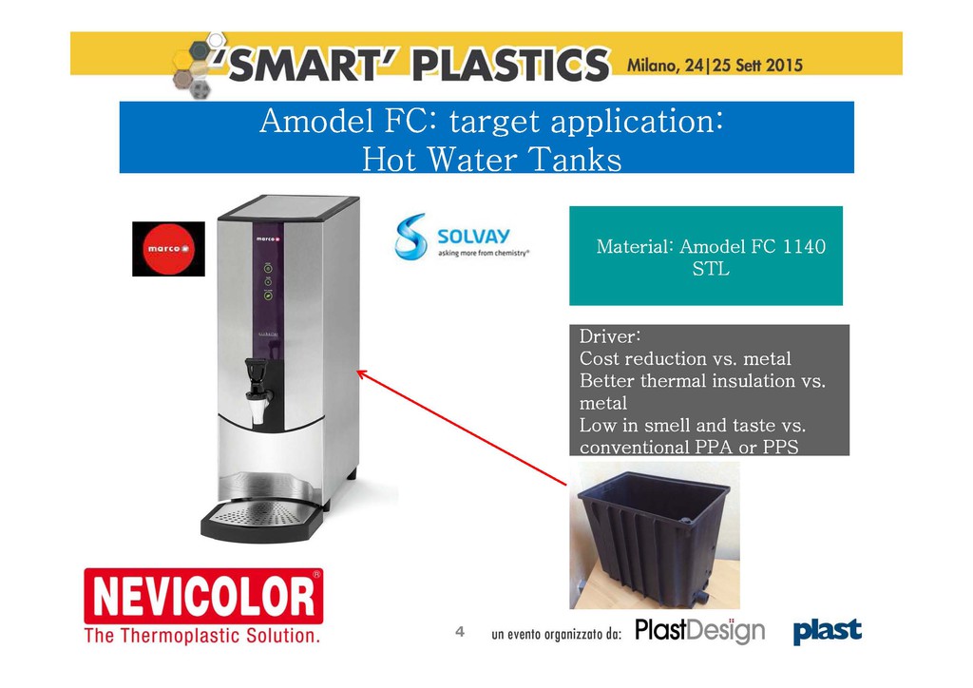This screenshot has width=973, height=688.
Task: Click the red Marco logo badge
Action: click(x=168, y=249)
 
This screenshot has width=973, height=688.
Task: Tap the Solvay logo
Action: click(x=462, y=237)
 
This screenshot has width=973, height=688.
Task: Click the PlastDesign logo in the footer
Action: click(x=699, y=631)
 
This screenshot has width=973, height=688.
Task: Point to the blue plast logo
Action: click(x=828, y=631)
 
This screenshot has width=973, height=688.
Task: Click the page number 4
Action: click(x=460, y=632)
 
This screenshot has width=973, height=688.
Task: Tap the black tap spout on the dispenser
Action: click(x=257, y=390)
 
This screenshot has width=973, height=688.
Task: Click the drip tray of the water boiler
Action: click(x=262, y=519)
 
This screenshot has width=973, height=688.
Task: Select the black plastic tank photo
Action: click(x=655, y=535)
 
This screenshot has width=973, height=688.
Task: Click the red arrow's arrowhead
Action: click(x=362, y=374)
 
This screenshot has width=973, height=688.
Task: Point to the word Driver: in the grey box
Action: click(x=610, y=336)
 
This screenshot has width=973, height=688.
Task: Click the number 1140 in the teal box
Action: click(x=804, y=246)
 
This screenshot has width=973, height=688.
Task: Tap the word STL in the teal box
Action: click(x=711, y=269)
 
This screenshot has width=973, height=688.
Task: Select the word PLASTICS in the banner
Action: click(x=510, y=65)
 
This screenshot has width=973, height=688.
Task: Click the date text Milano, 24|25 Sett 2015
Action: click(x=715, y=65)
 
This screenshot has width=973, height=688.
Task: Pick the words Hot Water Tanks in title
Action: click(x=491, y=159)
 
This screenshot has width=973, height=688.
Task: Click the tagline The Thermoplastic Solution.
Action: click(x=202, y=636)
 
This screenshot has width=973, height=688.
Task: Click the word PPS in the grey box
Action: click(x=781, y=447)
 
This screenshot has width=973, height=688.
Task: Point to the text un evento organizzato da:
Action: click(x=556, y=634)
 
